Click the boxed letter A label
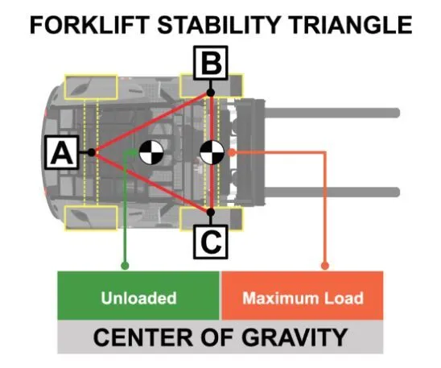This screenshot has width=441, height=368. point(61,152)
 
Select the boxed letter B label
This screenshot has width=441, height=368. point(211,63)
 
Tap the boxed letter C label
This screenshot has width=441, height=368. point(211,242)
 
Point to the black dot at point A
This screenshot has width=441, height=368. point(92,152)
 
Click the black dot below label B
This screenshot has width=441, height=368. point(211,93)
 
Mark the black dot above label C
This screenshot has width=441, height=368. point(211,212)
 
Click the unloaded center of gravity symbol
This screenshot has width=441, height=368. point(151,153)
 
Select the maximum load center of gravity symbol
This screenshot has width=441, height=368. point(212,152)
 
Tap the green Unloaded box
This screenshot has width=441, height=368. point(138,296)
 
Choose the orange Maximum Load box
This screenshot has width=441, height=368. point(303,296)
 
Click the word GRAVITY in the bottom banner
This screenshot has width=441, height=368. point(295,337)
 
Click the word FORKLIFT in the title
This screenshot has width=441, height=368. point(89,25)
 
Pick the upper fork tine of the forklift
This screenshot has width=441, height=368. point(332,113)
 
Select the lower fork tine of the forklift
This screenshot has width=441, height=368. point(332,192)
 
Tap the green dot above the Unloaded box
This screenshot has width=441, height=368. point(125,265)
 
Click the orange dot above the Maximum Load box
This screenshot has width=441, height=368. point(325,265)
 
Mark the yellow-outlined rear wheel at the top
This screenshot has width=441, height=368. point(91,87)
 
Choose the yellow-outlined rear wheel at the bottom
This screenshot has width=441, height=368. point(91,218)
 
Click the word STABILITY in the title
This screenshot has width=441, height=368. point(219,25)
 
